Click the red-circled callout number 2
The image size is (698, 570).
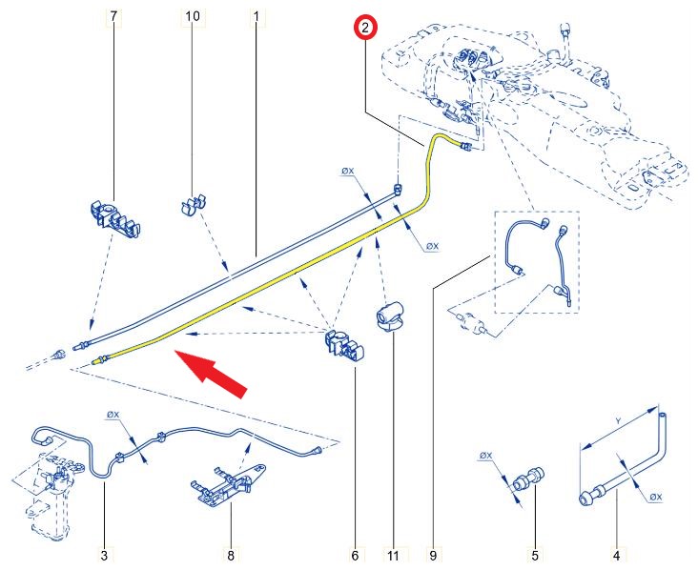click(365, 28)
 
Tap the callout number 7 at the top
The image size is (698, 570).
click(114, 16)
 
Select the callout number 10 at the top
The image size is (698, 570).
click(193, 16)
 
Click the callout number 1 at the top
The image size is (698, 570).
click(256, 16)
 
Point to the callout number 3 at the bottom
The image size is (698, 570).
click(104, 556)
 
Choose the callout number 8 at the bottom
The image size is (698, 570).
click(231, 556)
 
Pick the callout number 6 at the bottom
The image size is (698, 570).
click(355, 556)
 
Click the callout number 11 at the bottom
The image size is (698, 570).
click(393, 556)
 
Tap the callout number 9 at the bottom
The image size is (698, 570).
click(433, 556)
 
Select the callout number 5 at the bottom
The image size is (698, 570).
click(535, 556)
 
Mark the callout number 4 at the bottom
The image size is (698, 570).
click(617, 556)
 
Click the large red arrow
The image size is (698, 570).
click(211, 374)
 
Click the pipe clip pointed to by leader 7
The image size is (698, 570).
click(115, 220)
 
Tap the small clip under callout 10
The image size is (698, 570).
click(195, 203)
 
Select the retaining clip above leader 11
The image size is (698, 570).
click(390, 316)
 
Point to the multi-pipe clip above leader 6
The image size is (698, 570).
click(345, 346)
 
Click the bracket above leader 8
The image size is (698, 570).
click(228, 484)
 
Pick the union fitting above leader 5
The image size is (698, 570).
click(529, 480)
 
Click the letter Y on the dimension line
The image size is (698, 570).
click(618, 420)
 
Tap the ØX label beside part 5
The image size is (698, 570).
click(485, 456)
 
